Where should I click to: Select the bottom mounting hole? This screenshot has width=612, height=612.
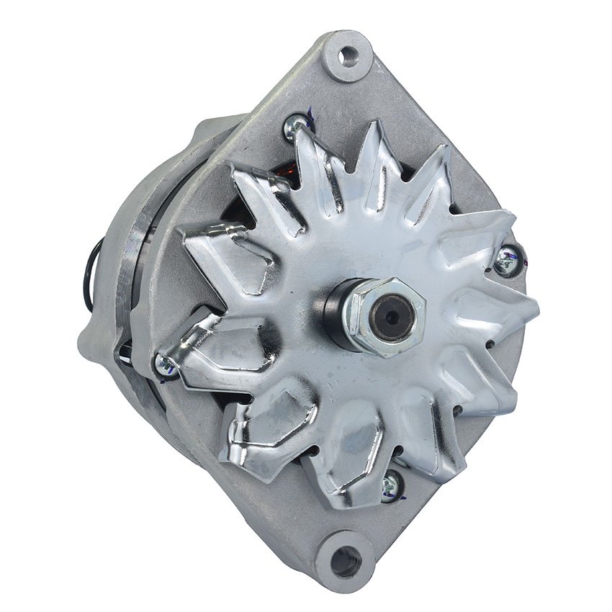point(346,558)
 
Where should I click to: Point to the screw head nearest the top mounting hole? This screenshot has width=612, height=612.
point(298,127)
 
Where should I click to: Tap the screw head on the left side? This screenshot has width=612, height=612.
point(166,366)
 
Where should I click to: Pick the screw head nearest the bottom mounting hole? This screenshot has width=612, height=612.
point(391,486)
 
